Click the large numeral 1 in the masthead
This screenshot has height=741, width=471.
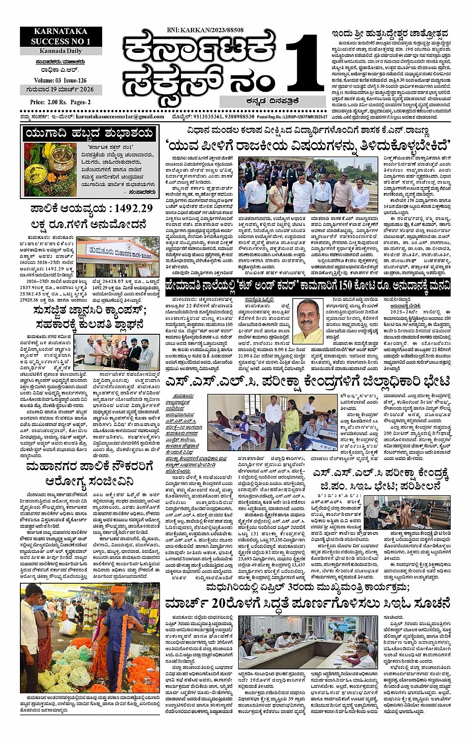[x=302, y=65]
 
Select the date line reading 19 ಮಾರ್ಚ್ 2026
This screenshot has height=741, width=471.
[x=60, y=90]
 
